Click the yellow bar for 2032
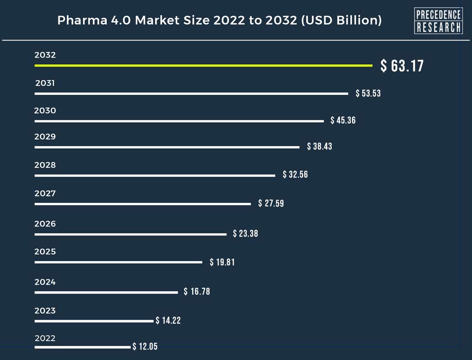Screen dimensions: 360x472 [203, 65]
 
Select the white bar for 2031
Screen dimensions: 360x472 [191, 93]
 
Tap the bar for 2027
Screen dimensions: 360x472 [143, 204]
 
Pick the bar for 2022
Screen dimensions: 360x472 [82, 347]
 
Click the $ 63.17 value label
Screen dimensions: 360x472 [402, 66]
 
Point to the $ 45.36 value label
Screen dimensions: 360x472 [343, 120]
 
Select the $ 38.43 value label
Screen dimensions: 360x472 [320, 146]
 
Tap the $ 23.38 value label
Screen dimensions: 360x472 [245, 234]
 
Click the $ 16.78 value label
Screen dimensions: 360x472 [197, 292]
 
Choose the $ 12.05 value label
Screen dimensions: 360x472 [145, 347]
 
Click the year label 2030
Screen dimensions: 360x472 [45, 111]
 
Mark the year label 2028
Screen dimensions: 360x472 [45, 165]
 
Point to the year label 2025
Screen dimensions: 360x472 [45, 251]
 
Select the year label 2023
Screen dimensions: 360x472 [45, 310]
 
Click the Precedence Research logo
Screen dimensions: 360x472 [438, 21]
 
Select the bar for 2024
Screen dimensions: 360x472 [106, 293]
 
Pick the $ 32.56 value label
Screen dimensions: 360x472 [295, 175]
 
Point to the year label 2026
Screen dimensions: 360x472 [45, 224]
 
